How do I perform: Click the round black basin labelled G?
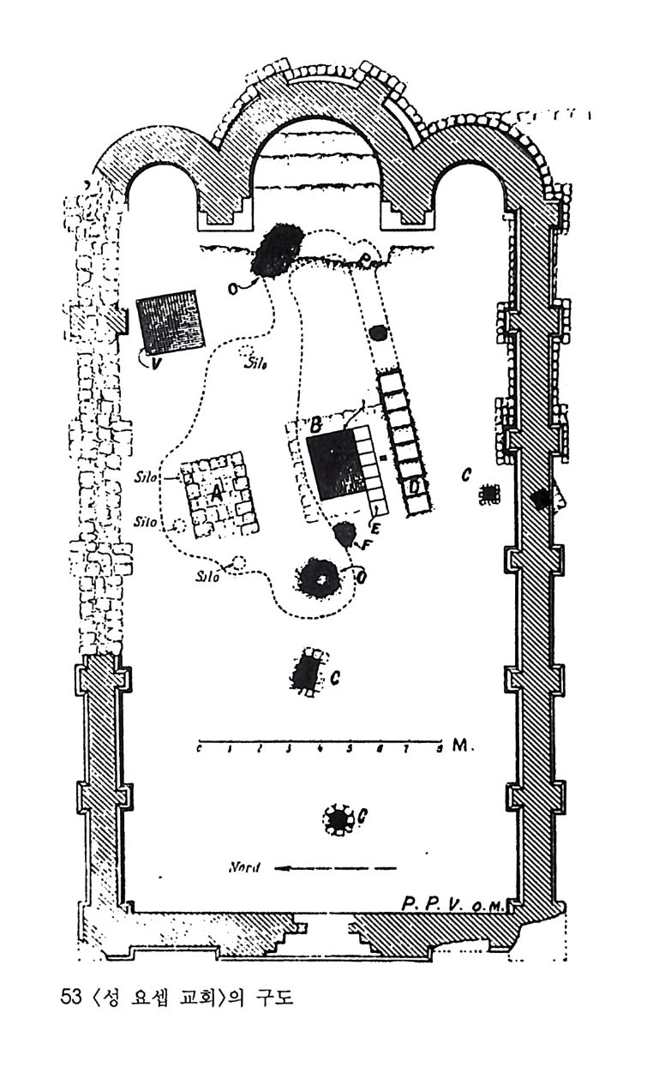tap(339, 820)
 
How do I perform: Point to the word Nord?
tap(245, 866)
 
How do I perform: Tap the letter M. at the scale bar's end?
tap(459, 746)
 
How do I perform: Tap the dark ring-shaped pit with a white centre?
tap(321, 579)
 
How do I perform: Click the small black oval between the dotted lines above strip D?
tap(377, 333)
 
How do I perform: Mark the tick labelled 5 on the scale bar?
tap(349, 749)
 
